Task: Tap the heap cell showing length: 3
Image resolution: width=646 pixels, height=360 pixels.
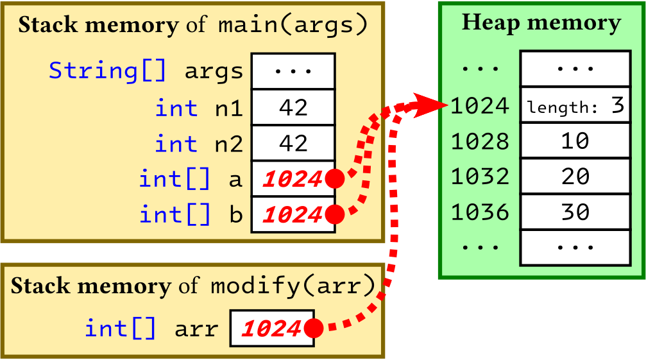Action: point(575,105)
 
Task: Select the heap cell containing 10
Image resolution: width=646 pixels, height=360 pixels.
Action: point(575,141)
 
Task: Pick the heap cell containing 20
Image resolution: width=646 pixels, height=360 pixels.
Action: point(575,176)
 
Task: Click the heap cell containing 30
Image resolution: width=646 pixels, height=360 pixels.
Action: point(575,211)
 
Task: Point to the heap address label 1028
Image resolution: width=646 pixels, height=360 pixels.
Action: point(480,141)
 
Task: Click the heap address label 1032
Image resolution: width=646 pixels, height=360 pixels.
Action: point(480,176)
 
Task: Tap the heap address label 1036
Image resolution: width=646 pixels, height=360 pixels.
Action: point(480,211)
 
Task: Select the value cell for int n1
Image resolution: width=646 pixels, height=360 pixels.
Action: point(293,108)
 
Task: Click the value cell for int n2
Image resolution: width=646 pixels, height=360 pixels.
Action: point(293,143)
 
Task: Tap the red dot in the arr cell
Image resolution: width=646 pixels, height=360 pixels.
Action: point(313,329)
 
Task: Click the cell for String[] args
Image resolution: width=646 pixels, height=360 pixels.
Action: point(293,71)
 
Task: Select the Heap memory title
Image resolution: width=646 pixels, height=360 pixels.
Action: point(541,23)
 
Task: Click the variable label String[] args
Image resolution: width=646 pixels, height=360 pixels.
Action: point(146,71)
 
